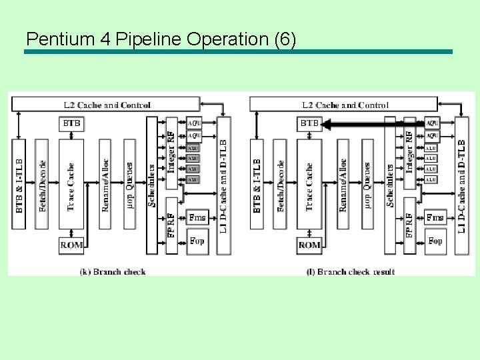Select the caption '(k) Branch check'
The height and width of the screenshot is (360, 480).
pyautogui.click(x=113, y=271)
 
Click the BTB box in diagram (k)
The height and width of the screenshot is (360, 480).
pyautogui.click(x=72, y=123)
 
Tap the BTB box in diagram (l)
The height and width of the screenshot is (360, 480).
pyautogui.click(x=309, y=123)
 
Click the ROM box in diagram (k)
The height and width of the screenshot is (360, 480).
pyautogui.click(x=72, y=245)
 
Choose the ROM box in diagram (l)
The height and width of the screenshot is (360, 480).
pyautogui.click(x=309, y=245)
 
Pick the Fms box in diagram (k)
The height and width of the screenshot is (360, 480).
pyautogui.click(x=197, y=217)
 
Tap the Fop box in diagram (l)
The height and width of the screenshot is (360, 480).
pyautogui.click(x=435, y=241)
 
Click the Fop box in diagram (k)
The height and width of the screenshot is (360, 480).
pyautogui.click(x=197, y=241)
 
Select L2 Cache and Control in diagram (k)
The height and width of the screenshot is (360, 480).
pyautogui.click(x=107, y=105)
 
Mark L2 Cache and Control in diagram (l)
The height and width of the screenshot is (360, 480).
pyautogui.click(x=345, y=105)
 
